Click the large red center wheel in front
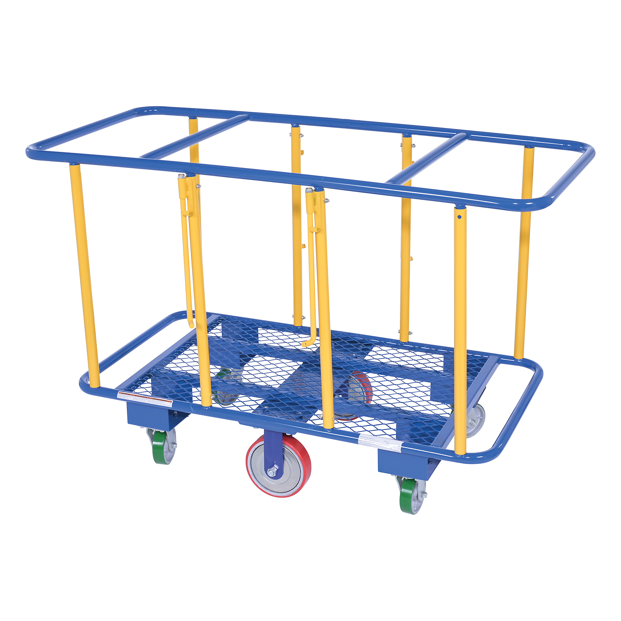point(278,466)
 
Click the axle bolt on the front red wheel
point(272,471)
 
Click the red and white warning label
point(145,398)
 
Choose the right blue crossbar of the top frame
point(428,157)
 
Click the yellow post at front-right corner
point(460,331)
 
